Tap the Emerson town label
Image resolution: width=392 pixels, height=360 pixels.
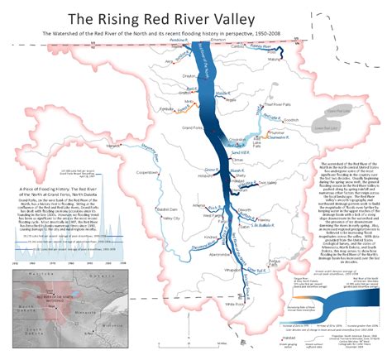pyautogui.click(x=218, y=39)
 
